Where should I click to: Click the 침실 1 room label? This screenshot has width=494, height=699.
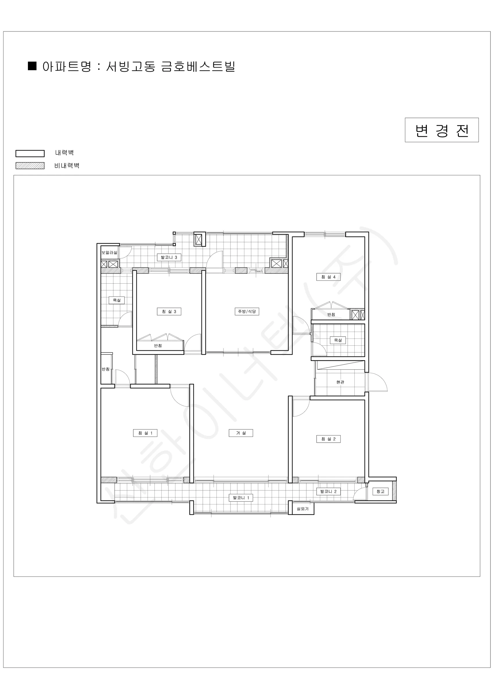(x=145, y=433)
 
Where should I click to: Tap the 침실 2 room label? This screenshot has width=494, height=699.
(x=328, y=439)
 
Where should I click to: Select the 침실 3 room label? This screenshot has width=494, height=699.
(x=169, y=311)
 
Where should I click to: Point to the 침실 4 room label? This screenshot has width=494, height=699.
(x=328, y=277)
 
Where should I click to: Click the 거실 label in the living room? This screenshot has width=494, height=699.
(x=241, y=433)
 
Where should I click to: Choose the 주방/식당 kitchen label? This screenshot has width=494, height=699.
(x=247, y=311)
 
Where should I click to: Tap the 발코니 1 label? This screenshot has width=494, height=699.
(x=241, y=498)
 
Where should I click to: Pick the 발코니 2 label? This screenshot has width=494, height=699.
(x=328, y=491)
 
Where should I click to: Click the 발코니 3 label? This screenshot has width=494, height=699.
(x=169, y=257)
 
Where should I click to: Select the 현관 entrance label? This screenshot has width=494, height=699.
(x=340, y=382)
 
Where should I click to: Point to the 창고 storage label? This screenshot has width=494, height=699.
(x=380, y=491)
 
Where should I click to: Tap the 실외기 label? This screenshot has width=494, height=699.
(x=302, y=509)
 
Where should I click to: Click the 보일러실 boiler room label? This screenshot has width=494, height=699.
(x=109, y=253)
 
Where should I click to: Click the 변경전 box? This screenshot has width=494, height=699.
(x=442, y=130)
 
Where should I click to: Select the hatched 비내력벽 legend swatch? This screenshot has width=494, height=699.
(x=30, y=166)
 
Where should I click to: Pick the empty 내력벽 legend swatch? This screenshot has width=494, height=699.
(x=30, y=153)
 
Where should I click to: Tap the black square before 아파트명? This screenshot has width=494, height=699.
(x=32, y=66)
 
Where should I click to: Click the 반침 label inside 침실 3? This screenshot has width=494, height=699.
(x=158, y=345)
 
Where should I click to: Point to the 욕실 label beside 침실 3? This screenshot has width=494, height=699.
(x=116, y=300)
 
